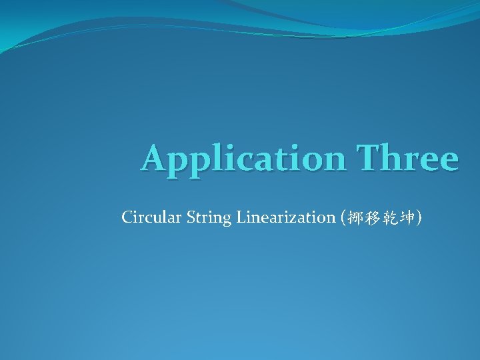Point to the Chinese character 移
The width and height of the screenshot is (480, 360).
371,217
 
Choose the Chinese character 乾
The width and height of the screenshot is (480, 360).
388,217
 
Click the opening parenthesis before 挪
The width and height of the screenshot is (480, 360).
343,217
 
